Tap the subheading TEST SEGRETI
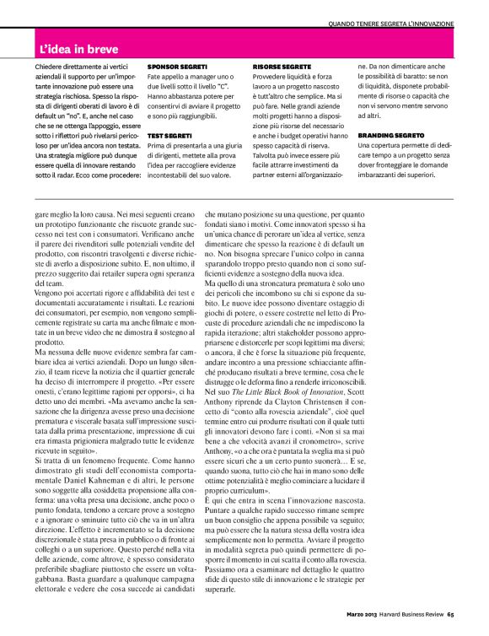click(168, 134)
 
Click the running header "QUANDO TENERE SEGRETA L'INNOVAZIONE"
click(390, 23)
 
